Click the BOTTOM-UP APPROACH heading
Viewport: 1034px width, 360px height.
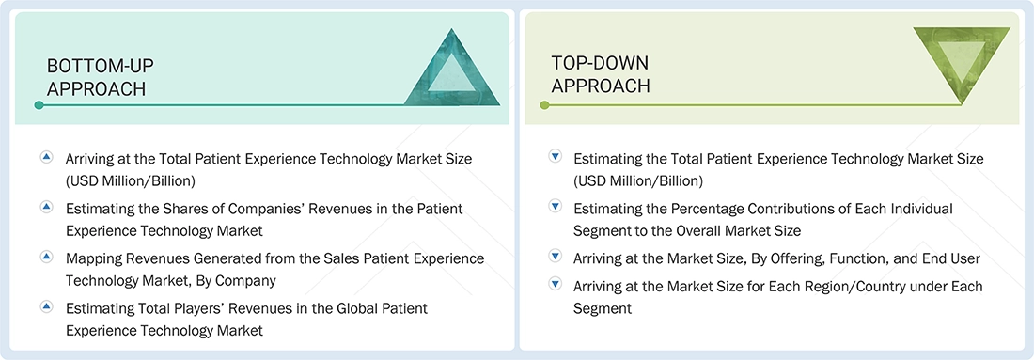point(101,77)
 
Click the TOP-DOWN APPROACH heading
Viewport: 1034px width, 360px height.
point(601,74)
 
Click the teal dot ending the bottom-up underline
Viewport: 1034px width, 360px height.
point(39,104)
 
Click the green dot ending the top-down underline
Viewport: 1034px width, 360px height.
point(543,104)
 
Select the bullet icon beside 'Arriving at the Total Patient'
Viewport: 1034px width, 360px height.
point(47,157)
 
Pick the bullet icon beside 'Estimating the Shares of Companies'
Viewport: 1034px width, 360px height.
point(47,206)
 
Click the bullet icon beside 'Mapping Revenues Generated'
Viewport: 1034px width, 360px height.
point(47,256)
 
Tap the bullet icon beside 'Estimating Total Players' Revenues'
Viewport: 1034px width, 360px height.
point(47,305)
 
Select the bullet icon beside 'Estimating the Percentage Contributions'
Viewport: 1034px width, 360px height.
point(555,206)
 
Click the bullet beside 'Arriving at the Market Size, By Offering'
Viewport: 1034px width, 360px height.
point(555,256)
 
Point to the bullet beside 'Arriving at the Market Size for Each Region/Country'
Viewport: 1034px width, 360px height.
point(555,284)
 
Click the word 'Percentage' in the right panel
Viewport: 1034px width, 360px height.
point(712,209)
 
